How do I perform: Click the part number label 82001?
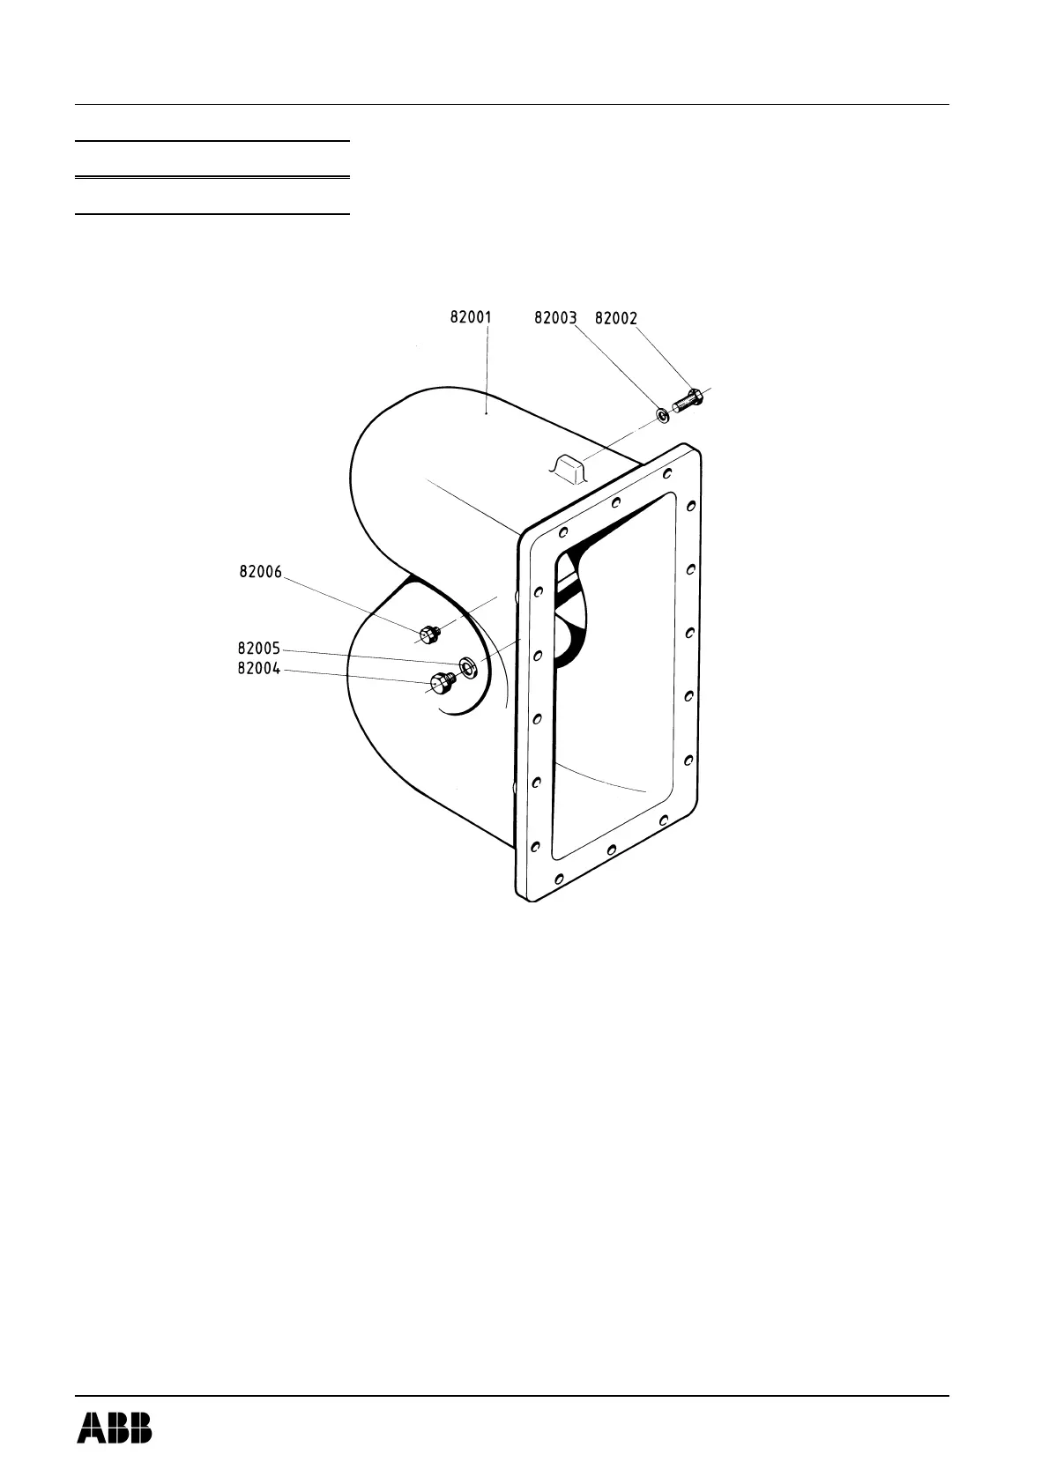(x=471, y=317)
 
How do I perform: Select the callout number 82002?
(x=616, y=318)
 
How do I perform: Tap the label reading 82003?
(x=555, y=318)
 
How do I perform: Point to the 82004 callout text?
(x=258, y=669)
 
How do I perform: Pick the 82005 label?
(x=258, y=650)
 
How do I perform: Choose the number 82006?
(x=260, y=572)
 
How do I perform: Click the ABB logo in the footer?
(x=114, y=1428)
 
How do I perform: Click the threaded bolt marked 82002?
(x=688, y=401)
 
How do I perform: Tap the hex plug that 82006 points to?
(x=429, y=633)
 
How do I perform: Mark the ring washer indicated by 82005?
(x=467, y=665)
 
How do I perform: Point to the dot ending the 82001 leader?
(x=487, y=412)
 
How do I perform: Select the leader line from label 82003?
(x=617, y=367)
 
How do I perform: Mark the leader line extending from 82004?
(x=353, y=675)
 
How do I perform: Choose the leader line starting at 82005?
(x=370, y=657)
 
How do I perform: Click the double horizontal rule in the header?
(x=212, y=178)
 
